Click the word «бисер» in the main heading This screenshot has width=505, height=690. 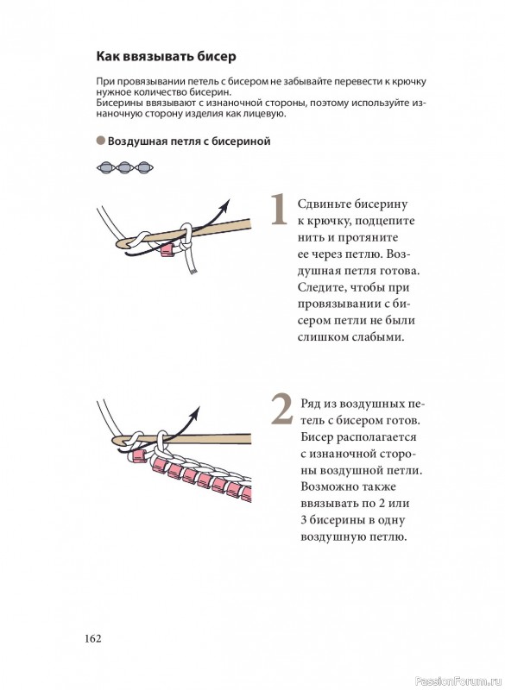click(x=217, y=57)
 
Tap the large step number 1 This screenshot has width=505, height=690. click(x=278, y=210)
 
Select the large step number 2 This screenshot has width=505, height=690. click(x=281, y=409)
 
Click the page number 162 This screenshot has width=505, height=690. click(x=93, y=638)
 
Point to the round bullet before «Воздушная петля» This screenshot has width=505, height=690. click(x=101, y=141)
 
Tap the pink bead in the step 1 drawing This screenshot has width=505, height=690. click(x=166, y=251)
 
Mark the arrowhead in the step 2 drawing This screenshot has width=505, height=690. click(x=195, y=413)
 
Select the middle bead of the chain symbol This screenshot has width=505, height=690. click(x=124, y=167)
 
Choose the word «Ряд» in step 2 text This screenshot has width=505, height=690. click(x=311, y=404)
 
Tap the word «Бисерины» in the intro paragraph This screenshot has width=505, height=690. click(x=116, y=103)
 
